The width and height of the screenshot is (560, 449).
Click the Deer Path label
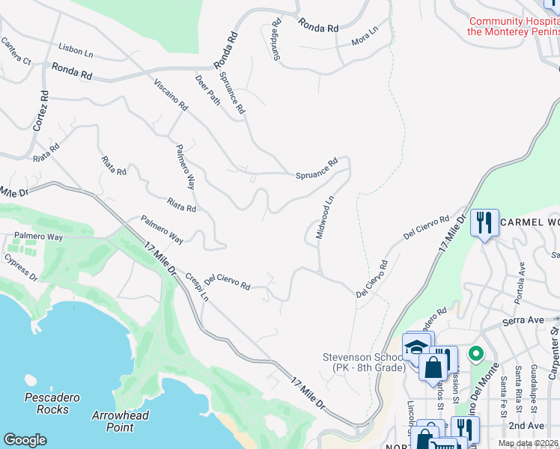pyautogui.click(x=207, y=90)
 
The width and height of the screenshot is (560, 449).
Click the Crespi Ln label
pyautogui.click(x=196, y=287)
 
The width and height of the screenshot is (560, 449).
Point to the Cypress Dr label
pyautogui.click(x=19, y=269)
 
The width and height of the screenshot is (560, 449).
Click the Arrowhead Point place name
pyautogui.click(x=121, y=421)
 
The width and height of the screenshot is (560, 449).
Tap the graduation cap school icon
pyautogui.click(x=416, y=346)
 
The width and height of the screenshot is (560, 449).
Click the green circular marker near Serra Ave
pyautogui.click(x=474, y=353)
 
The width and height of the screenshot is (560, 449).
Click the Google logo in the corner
pyautogui.click(x=25, y=439)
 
